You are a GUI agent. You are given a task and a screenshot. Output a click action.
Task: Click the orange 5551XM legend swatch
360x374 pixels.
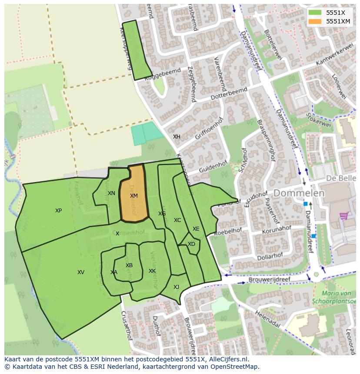(315, 21)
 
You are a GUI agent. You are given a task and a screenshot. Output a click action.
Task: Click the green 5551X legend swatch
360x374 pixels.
(315, 12)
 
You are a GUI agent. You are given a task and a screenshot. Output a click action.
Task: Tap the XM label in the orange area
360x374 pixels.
(133, 196)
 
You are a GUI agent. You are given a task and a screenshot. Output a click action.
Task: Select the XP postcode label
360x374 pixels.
(58, 211)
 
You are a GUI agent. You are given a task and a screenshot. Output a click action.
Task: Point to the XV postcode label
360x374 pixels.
(80, 272)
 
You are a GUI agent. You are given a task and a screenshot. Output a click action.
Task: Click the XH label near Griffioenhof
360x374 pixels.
(177, 137)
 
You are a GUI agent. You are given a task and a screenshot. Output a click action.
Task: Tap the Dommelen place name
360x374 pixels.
(299, 193)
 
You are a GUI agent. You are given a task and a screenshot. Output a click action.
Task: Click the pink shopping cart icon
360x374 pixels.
(344, 215)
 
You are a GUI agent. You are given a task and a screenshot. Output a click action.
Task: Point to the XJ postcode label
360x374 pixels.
(176, 287)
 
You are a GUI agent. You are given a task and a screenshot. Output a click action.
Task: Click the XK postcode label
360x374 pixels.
(152, 271)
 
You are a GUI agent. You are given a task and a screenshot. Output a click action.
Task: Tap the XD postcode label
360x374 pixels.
(191, 244)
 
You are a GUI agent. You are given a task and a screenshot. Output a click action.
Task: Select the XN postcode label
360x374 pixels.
(111, 193)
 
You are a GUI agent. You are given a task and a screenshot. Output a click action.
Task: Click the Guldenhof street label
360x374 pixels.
(213, 167)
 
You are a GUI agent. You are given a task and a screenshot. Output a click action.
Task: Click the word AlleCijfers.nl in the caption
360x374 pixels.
(228, 359)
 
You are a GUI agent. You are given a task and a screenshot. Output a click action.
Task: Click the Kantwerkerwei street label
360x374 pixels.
(334, 56)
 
